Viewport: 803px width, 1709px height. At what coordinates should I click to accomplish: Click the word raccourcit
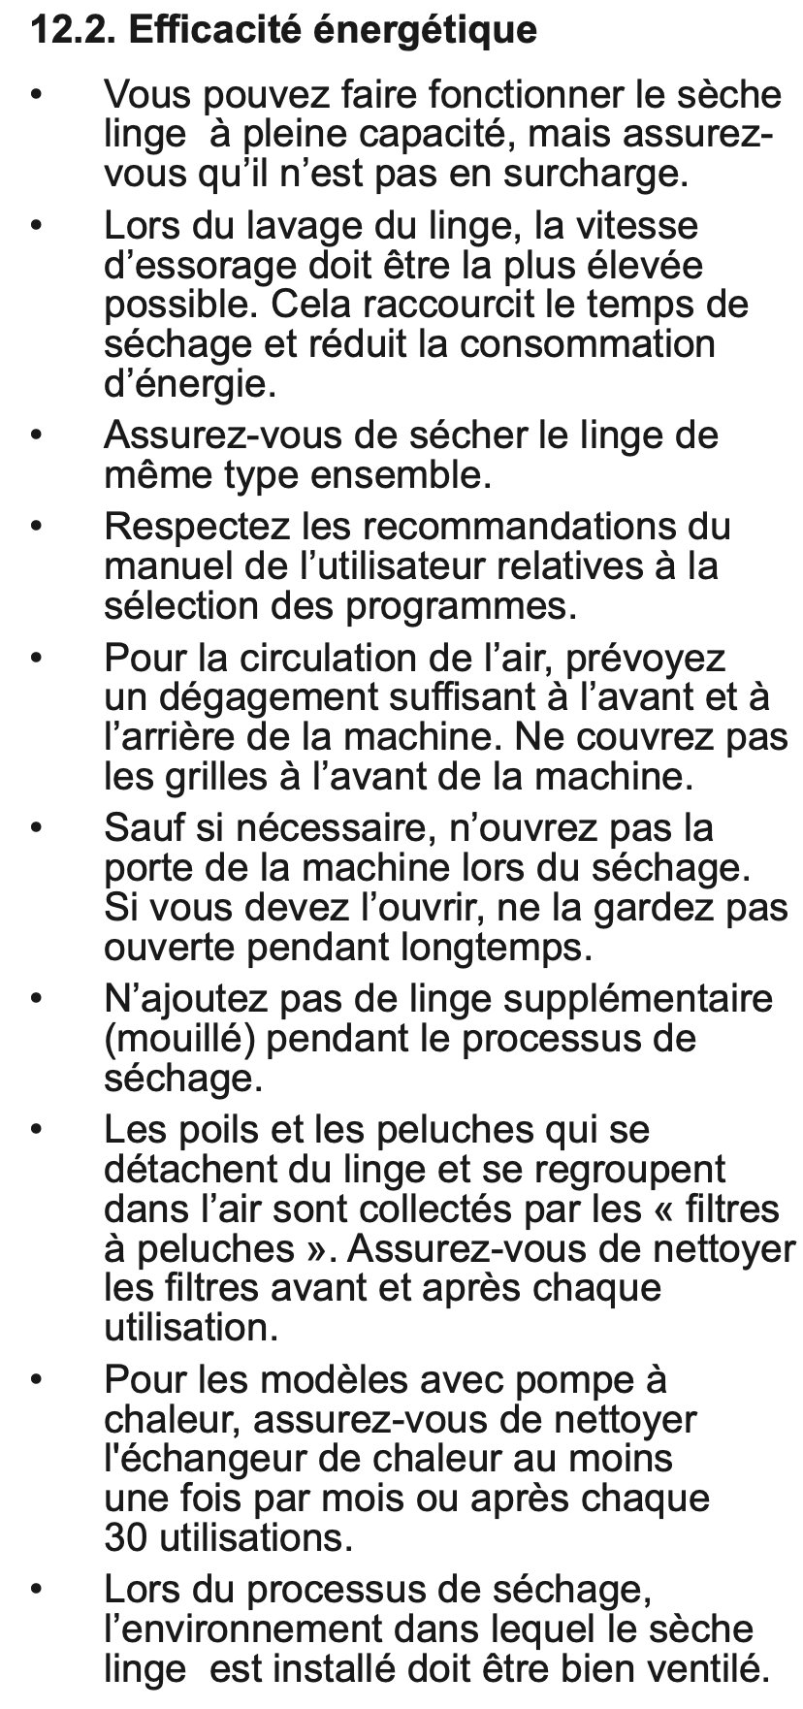tap(448, 305)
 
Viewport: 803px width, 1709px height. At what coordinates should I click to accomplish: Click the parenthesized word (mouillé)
tap(179, 1039)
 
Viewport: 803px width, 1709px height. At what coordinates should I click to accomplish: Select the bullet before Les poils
tap(37, 1131)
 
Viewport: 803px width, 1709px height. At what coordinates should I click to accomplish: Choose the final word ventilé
tap(705, 1669)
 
